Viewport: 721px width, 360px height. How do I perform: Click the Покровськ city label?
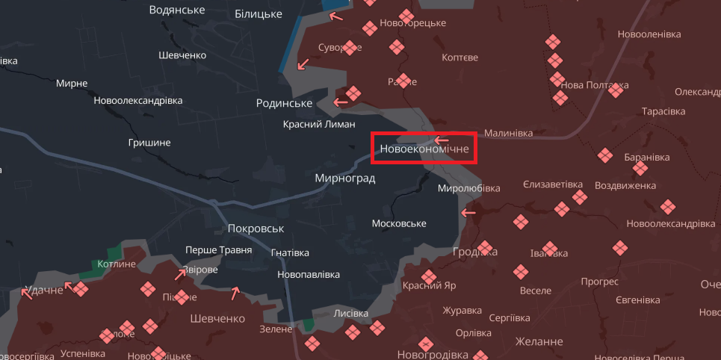[x=256, y=229]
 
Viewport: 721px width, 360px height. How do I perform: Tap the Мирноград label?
[x=344, y=179]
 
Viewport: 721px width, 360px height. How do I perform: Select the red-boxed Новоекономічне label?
[x=424, y=149]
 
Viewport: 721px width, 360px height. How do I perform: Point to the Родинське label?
[x=284, y=103]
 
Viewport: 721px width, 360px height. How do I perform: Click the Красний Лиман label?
[x=319, y=124]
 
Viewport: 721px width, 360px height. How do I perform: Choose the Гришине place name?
[x=149, y=142]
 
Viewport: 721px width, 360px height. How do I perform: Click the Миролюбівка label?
[x=468, y=188]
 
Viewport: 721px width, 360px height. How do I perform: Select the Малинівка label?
[x=508, y=133]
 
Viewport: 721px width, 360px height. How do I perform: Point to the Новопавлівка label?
[x=308, y=274]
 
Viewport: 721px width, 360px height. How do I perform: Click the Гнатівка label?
[x=290, y=253]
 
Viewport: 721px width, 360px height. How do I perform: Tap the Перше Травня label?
[x=219, y=250]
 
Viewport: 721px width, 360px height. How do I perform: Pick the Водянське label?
[x=177, y=10]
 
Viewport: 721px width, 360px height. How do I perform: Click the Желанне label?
[x=539, y=341]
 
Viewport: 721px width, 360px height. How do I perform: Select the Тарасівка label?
[x=663, y=111]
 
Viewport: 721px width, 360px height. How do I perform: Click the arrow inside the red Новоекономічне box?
[x=442, y=140]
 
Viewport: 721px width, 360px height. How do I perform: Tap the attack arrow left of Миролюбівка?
[x=468, y=213]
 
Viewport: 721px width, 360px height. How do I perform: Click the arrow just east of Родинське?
[x=341, y=102]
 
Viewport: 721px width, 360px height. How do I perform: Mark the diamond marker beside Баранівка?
[x=605, y=155]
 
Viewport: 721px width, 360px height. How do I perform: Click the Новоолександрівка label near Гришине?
[x=138, y=100]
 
